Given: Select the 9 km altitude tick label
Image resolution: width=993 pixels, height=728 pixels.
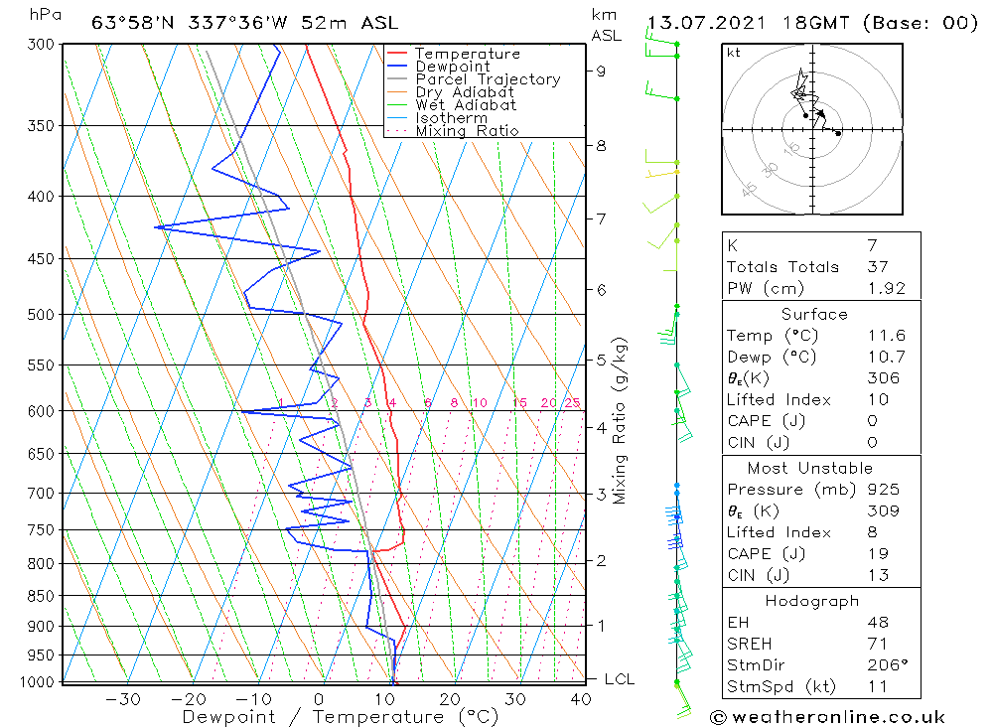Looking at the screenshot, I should pos(602,71).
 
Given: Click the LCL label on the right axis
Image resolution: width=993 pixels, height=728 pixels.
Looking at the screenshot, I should pos(619,679).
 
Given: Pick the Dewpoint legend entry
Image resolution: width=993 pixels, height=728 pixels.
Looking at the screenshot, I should pos(452,67).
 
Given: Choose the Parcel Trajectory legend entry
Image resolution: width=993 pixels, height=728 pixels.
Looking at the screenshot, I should pos(488,79).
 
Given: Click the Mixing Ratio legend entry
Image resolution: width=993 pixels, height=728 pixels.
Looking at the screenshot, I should pos(467,131).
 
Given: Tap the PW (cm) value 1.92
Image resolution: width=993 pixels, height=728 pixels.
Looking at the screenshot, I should pos(883,288).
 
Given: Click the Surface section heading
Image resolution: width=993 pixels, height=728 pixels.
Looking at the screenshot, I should pos(814,314).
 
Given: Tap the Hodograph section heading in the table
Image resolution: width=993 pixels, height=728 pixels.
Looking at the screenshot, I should pos(813,601).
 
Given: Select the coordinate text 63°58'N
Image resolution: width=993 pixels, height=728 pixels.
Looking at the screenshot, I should pos(128,23).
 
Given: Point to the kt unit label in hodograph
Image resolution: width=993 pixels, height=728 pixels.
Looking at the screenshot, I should pos(734,53).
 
